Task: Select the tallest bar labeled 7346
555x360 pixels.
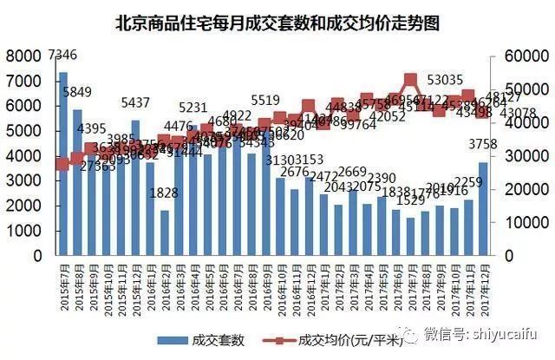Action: pos(63,165)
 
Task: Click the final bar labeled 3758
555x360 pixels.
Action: pos(483,209)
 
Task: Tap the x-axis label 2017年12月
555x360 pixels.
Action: pos(482,286)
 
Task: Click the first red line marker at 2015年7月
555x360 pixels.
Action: pos(62,164)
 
